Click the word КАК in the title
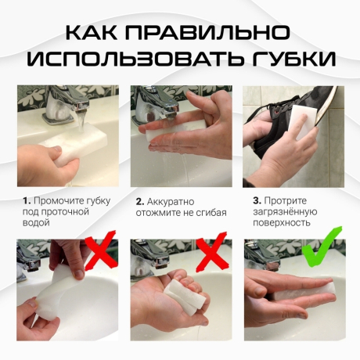tap(92, 32)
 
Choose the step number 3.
tap(255, 201)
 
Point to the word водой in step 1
tap(37, 223)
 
